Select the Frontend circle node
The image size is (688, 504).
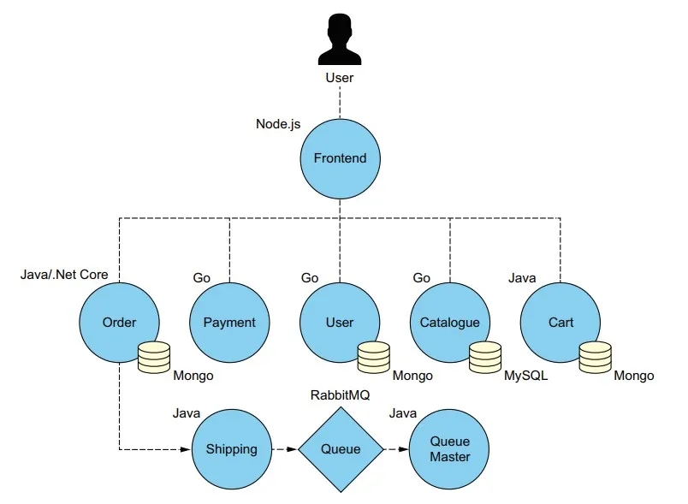pos(340,157)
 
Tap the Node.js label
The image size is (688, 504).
pos(278,124)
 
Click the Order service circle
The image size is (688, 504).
pos(119,323)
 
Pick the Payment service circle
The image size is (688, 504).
pos(229,323)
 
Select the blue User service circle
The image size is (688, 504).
pos(340,323)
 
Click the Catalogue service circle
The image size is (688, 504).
pos(450,323)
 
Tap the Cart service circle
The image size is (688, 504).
pos(560,323)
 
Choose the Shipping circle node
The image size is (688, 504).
pos(231,449)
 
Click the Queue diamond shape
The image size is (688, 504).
pos(341,449)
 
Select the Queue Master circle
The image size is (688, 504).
pos(450,449)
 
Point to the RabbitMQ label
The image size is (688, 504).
pos(341,394)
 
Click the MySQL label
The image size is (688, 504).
pos(525,376)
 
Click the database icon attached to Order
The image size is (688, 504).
pos(154,357)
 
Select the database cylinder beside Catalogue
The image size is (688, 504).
pos(485,357)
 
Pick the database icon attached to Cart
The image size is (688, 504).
pos(595,357)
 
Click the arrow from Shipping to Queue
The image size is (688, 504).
pos(284,449)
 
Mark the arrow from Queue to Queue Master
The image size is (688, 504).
pos(395,449)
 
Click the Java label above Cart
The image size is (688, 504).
pos(522,277)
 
